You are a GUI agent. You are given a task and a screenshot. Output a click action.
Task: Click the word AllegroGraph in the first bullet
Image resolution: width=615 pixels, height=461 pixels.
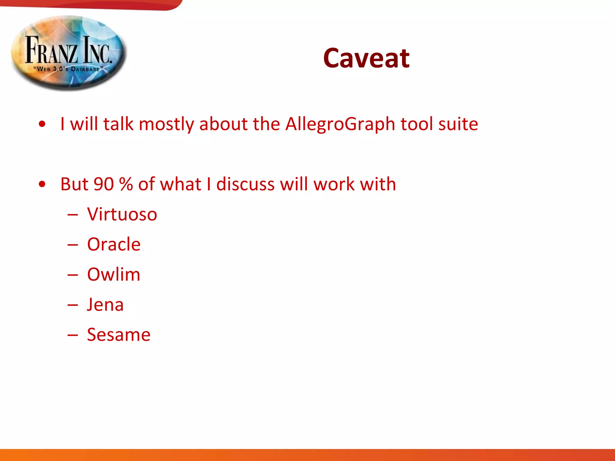click(340, 124)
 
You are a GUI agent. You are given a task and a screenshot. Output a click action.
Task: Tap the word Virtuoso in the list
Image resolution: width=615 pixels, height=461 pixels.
click(122, 214)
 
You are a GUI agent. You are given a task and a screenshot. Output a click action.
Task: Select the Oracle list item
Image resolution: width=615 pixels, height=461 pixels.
click(114, 244)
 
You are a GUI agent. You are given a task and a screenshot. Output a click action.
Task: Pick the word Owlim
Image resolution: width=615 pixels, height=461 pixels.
click(114, 274)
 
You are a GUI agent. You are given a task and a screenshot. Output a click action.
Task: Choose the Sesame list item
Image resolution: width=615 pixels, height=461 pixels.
click(118, 335)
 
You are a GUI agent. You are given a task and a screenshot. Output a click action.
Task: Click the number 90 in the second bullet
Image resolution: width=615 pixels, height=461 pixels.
click(104, 184)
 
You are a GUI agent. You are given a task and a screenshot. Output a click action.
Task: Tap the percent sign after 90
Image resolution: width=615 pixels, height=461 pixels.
click(126, 184)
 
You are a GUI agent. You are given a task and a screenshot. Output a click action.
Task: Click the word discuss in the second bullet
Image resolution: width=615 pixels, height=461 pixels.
click(245, 184)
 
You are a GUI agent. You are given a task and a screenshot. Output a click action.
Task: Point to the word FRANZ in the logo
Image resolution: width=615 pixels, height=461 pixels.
click(51, 50)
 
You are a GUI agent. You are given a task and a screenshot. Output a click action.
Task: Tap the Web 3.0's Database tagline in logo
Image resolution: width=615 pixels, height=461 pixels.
click(68, 69)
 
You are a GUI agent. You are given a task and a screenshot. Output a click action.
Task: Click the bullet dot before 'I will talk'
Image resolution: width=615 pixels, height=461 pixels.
click(42, 124)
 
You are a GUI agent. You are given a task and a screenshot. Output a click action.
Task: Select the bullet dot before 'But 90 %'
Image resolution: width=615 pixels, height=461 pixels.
click(42, 184)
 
